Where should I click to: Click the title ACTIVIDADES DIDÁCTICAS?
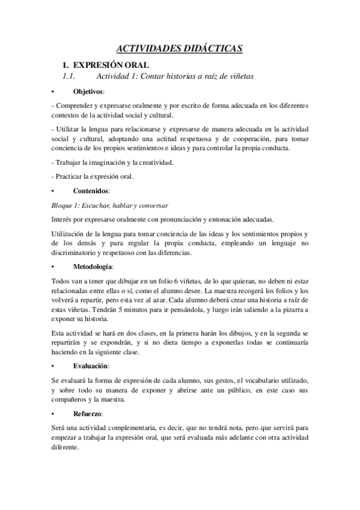point(180,49)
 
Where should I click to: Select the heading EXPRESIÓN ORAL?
point(110,64)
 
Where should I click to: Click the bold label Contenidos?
point(91,190)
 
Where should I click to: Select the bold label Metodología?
point(93,266)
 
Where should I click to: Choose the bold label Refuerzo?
point(88,414)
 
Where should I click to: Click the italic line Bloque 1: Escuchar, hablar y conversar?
point(109,205)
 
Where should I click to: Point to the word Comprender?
point(74,105)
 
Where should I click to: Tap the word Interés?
point(63,219)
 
